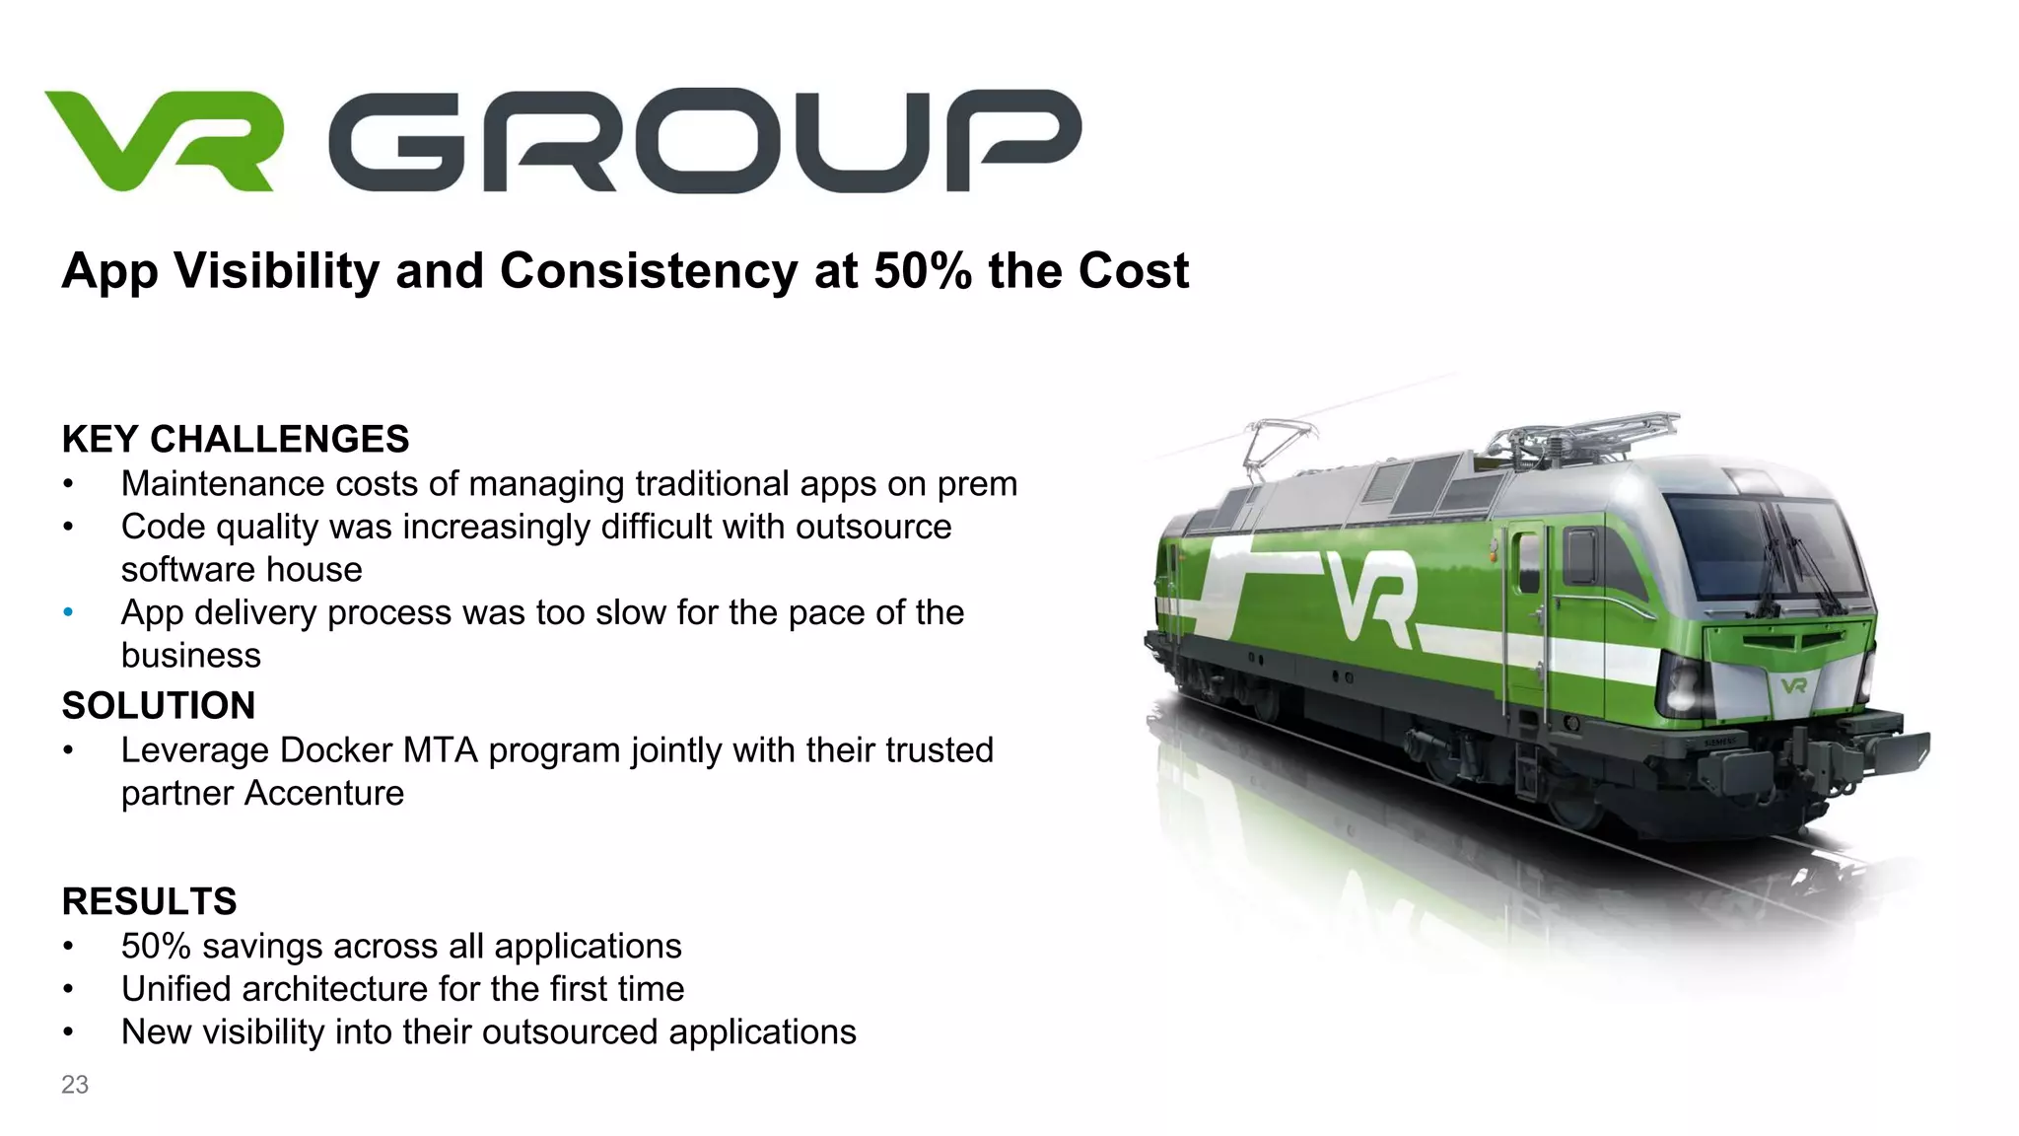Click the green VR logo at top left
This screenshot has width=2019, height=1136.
point(164,140)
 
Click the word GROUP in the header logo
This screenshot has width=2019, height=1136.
point(704,140)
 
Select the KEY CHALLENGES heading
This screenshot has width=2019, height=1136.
point(235,439)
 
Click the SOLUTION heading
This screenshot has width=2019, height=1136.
point(158,705)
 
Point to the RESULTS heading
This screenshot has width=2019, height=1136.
point(149,901)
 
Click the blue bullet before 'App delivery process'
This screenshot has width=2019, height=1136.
point(68,612)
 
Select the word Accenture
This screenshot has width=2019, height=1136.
point(324,793)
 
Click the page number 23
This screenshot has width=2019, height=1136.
point(75,1085)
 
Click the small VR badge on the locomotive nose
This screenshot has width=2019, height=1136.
point(1793,684)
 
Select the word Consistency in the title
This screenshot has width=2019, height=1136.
point(649,271)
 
